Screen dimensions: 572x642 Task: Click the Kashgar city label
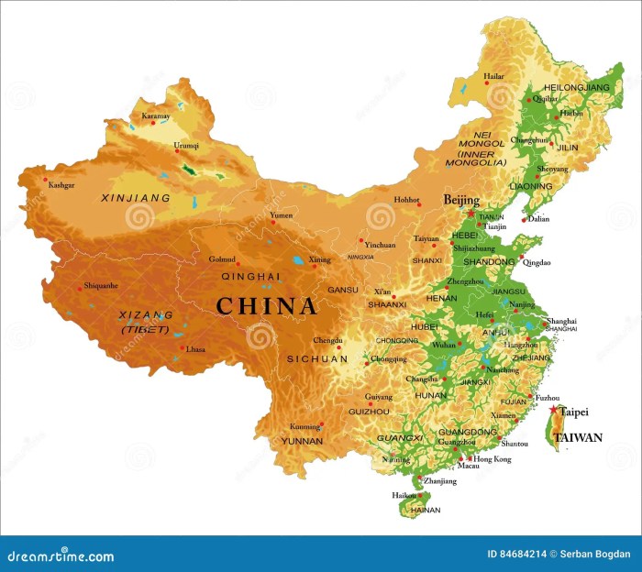(61, 185)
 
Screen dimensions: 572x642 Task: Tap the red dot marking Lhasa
(183, 347)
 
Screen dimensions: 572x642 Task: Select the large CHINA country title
(267, 306)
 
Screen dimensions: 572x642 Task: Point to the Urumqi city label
(186, 146)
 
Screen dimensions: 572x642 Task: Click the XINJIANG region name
(136, 197)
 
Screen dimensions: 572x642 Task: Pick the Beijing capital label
(461, 199)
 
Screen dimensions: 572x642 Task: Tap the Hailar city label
(494, 77)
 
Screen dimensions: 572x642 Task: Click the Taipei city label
(574, 412)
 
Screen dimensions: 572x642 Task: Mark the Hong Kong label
(493, 458)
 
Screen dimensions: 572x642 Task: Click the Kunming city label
(305, 427)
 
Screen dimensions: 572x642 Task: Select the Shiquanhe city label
(101, 286)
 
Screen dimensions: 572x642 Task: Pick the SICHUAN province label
(317, 359)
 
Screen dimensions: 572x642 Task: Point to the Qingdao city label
(539, 262)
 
